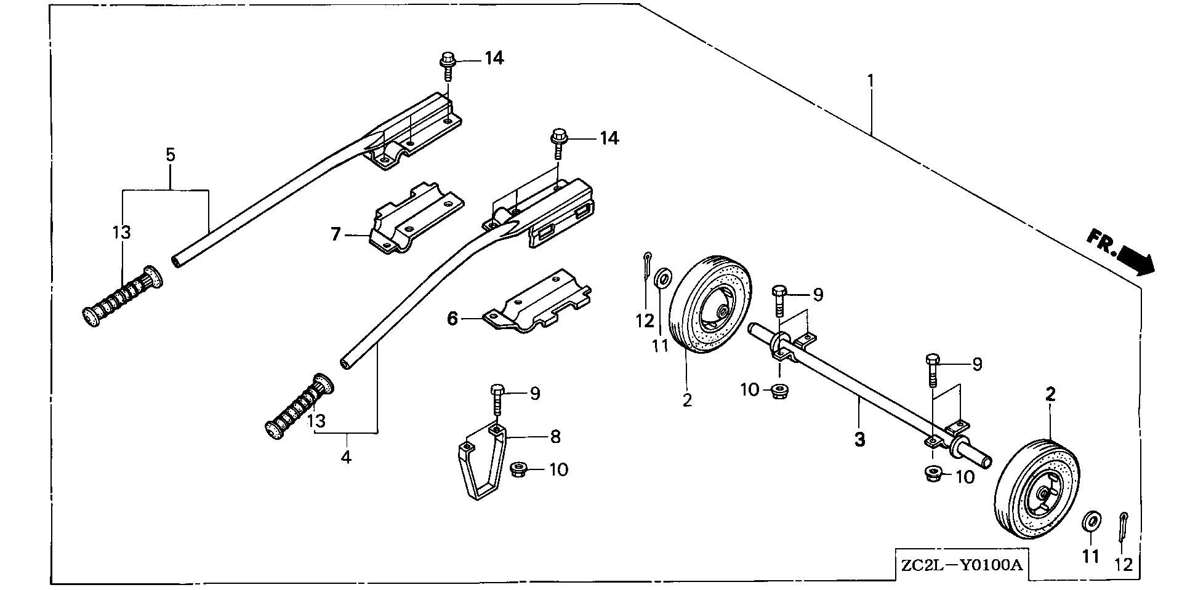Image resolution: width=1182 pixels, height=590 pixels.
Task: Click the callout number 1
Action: (x=870, y=81)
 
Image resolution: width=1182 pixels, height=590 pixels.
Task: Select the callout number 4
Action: (x=346, y=457)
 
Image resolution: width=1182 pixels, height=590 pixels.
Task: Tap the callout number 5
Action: (x=171, y=154)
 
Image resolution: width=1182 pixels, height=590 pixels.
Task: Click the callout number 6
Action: (x=452, y=319)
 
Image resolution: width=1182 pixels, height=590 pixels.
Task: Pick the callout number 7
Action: (x=336, y=234)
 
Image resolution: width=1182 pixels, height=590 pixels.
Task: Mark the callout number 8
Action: (x=555, y=437)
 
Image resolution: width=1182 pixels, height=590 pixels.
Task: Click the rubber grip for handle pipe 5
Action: (x=123, y=297)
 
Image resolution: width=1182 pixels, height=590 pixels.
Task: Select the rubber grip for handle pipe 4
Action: (x=299, y=406)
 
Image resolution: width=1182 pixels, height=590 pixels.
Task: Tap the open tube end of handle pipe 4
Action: (x=346, y=365)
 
